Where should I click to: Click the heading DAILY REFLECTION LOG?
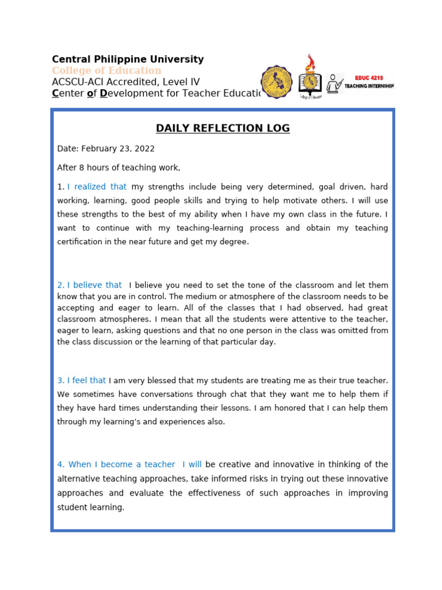(x=223, y=128)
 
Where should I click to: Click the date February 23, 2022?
(x=118, y=149)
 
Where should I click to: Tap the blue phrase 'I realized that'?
(x=97, y=187)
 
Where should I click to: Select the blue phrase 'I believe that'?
(x=94, y=285)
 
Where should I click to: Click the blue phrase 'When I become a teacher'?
(x=121, y=464)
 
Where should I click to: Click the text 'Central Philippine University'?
(x=128, y=59)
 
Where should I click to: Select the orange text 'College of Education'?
(x=106, y=70)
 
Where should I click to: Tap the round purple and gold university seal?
(x=277, y=82)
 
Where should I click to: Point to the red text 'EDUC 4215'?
(x=369, y=78)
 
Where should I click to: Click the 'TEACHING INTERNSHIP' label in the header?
(x=369, y=86)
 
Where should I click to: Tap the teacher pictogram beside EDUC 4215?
(x=334, y=84)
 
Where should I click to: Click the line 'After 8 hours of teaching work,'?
(x=119, y=168)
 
